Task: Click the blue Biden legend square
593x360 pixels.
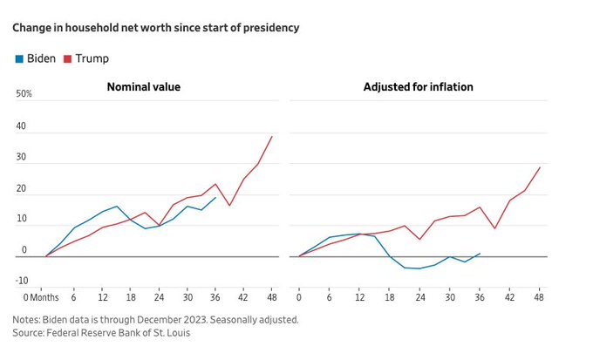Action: (x=18, y=58)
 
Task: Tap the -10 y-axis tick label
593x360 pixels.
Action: (x=21, y=281)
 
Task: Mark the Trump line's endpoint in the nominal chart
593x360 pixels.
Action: (x=272, y=136)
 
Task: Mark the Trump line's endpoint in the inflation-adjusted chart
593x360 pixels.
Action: (x=540, y=167)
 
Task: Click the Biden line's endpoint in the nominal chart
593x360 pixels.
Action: (x=215, y=197)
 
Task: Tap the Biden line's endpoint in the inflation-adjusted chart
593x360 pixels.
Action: (x=480, y=254)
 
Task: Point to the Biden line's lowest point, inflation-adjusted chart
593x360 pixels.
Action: (x=419, y=268)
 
